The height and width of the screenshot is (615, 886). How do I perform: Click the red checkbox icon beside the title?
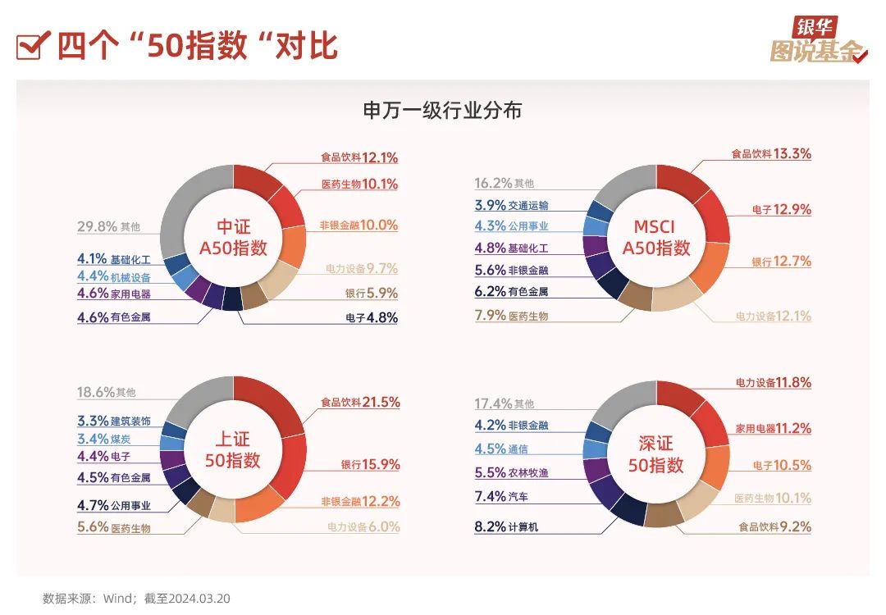pyautogui.click(x=30, y=46)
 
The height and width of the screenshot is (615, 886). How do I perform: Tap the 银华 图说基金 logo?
pyautogui.click(x=818, y=41)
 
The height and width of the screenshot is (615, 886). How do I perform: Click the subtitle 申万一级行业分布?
pyautogui.click(x=442, y=111)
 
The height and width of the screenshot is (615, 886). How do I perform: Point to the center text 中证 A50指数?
pyautogui.click(x=233, y=238)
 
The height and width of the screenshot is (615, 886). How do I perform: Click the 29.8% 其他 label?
pyautogui.click(x=108, y=226)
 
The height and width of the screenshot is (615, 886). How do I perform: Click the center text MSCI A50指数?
pyautogui.click(x=655, y=238)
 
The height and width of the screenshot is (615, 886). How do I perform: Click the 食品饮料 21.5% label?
pyautogui.click(x=359, y=402)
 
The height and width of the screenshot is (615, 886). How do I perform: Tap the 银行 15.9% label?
pyautogui.click(x=370, y=464)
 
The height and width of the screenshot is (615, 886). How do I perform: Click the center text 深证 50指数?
pyautogui.click(x=655, y=454)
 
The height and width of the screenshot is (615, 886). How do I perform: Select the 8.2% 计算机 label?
pyautogui.click(x=506, y=527)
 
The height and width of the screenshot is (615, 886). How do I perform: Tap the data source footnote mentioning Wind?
pyautogui.click(x=136, y=599)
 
